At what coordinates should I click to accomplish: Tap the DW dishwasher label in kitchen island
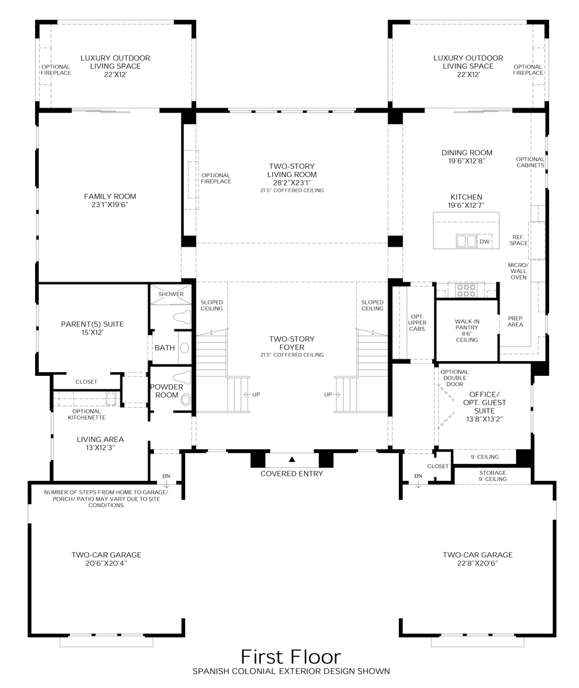pyautogui.click(x=485, y=241)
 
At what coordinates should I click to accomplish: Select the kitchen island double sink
pyautogui.click(x=466, y=241)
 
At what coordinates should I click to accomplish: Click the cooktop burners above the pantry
pyautogui.click(x=466, y=290)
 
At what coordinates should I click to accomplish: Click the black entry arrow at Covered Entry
pyautogui.click(x=292, y=459)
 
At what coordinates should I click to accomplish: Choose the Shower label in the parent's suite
pyautogui.click(x=171, y=294)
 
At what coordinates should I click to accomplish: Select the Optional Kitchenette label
pyautogui.click(x=88, y=414)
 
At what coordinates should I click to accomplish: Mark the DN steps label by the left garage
pyautogui.click(x=166, y=477)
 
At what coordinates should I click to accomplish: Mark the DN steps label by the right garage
pyautogui.click(x=418, y=477)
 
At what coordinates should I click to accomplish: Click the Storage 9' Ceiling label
pyautogui.click(x=492, y=476)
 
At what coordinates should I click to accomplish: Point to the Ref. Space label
pyautogui.click(x=519, y=240)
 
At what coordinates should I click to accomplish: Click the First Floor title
pyautogui.click(x=291, y=656)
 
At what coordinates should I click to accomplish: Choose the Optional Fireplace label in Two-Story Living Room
pyautogui.click(x=216, y=178)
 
